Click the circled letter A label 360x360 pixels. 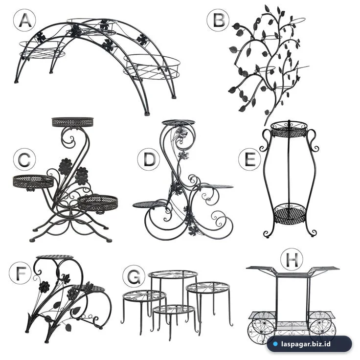[x=24, y=21]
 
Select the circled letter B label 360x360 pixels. [x=218, y=21]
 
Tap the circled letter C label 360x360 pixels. [x=24, y=159]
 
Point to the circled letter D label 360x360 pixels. [x=149, y=159]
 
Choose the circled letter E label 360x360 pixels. [x=249, y=159]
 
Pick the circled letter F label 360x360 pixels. [x=20, y=273]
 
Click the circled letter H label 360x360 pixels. [x=292, y=259]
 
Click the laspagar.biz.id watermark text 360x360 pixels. [x=306, y=344]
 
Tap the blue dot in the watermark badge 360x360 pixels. [x=275, y=344]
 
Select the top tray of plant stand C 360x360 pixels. [x=72, y=122]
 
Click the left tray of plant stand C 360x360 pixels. [x=33, y=181]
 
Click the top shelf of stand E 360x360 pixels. [x=289, y=129]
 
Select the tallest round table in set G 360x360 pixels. [x=173, y=274]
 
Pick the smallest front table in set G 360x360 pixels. [x=174, y=310]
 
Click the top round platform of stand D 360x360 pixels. [x=179, y=123]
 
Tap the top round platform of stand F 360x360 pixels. [x=55, y=257]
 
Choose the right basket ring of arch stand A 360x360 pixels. [x=152, y=67]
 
